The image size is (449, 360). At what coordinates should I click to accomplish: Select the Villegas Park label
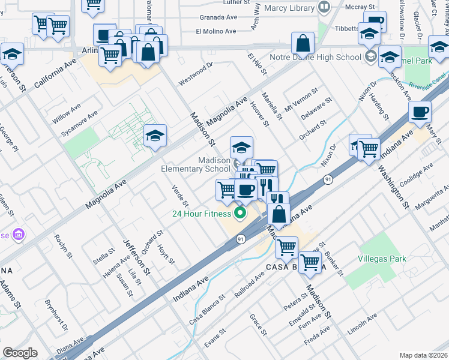pos(381,259)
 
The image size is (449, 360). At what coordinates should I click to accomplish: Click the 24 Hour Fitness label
pos(202,214)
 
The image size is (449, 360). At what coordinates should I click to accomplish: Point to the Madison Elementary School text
pos(196,165)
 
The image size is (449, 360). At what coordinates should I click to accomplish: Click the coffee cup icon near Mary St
pos(420,112)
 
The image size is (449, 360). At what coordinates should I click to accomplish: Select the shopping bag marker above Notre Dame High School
pos(303,43)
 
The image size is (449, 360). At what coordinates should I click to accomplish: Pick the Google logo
pos(20,352)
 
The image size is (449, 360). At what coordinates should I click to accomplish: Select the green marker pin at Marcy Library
pos(324,8)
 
